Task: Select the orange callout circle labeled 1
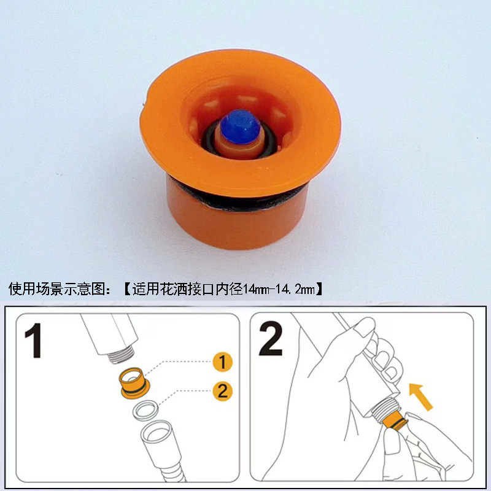pyautogui.click(x=222, y=361)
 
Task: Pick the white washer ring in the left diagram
pyautogui.click(x=146, y=411)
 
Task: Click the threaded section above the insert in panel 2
pyautogui.click(x=385, y=408)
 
